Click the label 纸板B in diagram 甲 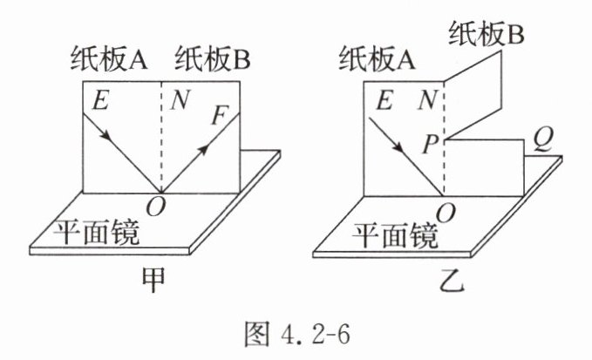tap(213, 61)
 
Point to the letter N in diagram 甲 tap(180, 101)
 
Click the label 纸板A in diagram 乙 tap(377, 61)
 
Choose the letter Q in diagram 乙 tap(540, 142)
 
